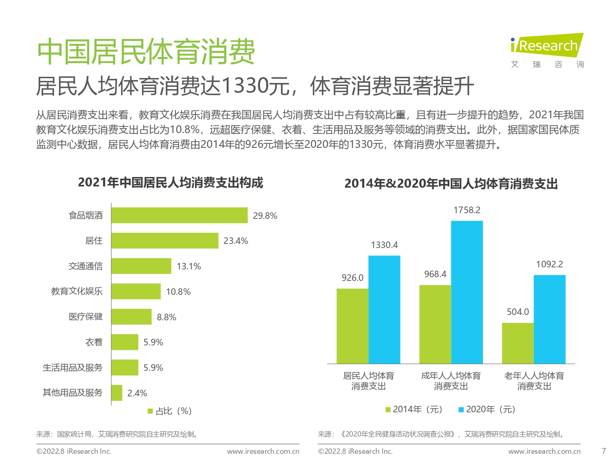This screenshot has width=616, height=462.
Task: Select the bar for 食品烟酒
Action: pyautogui.click(x=179, y=216)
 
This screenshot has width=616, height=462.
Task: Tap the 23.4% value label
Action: pyautogui.click(x=235, y=241)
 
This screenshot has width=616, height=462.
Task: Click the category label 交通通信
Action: pyautogui.click(x=85, y=266)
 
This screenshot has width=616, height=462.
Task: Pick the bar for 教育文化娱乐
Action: pyautogui.click(x=136, y=292)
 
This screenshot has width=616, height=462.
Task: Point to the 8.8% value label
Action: pyautogui.click(x=166, y=317)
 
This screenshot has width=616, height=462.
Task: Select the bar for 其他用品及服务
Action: pyautogui.click(x=117, y=393)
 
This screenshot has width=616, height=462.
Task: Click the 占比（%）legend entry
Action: pyautogui.click(x=170, y=411)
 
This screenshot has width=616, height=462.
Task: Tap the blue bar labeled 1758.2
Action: pyautogui.click(x=467, y=292)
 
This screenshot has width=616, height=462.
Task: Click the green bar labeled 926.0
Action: pyautogui.click(x=352, y=326)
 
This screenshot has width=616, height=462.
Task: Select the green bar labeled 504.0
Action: pyautogui.click(x=517, y=343)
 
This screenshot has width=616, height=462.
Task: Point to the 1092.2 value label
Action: pyautogui.click(x=549, y=264)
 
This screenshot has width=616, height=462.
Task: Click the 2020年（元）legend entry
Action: pyautogui.click(x=487, y=409)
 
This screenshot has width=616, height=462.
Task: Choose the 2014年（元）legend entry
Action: pyautogui.click(x=414, y=409)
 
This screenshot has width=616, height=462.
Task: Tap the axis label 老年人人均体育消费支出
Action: pyautogui.click(x=534, y=381)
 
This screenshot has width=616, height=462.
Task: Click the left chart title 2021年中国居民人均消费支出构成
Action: pyautogui.click(x=170, y=182)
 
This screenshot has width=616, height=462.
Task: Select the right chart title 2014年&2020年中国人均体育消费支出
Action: pyautogui.click(x=451, y=184)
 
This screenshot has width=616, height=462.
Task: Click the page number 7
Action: pyautogui.click(x=604, y=451)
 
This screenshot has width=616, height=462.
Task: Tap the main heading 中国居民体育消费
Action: pyautogui.click(x=146, y=52)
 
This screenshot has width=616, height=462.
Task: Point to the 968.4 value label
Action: pyautogui.click(x=435, y=274)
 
